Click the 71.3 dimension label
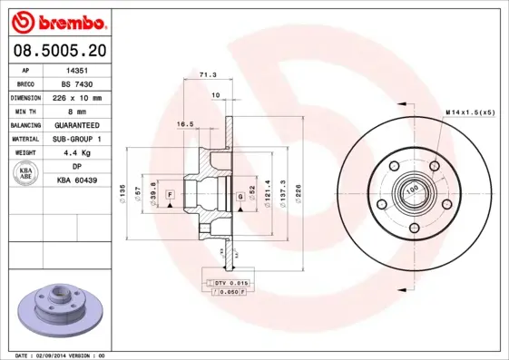[207, 75]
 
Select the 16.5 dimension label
[185, 123]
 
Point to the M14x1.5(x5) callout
[470, 112]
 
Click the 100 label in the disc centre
[413, 190]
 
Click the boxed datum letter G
[240, 197]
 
